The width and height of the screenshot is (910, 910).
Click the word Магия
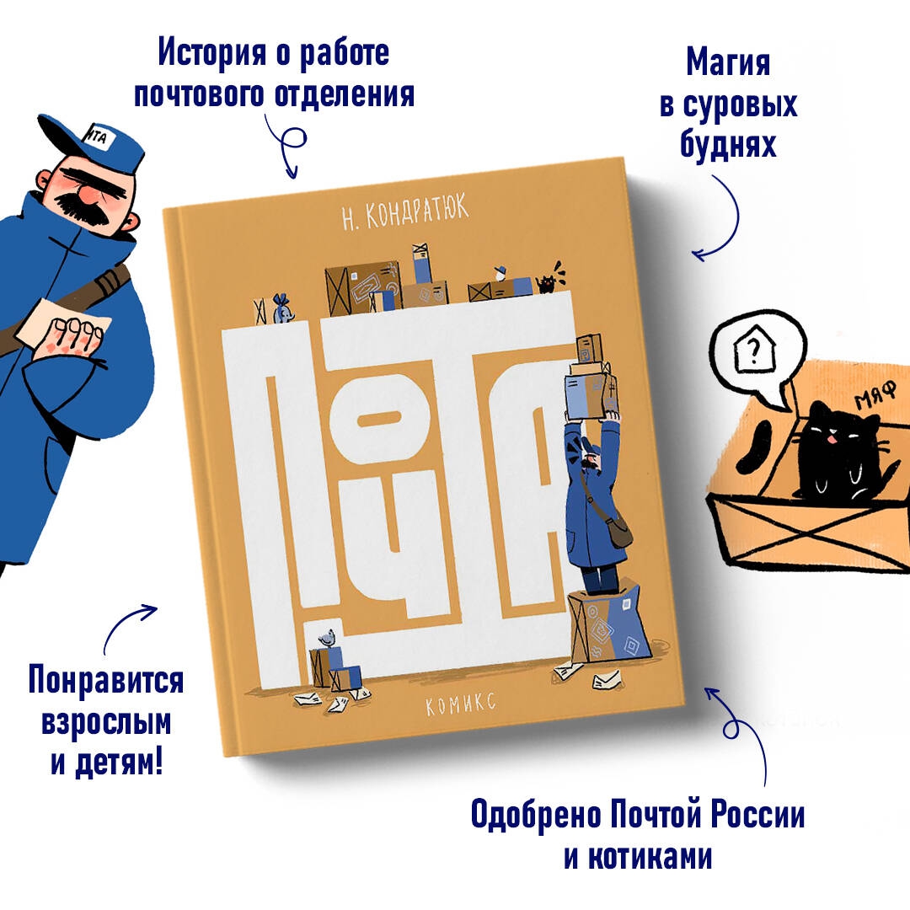click(x=728, y=62)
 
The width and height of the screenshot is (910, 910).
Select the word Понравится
click(x=105, y=680)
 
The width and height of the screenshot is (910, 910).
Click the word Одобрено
click(x=536, y=814)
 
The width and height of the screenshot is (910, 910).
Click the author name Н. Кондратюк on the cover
click(x=405, y=212)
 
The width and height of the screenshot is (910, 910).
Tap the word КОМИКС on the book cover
click(x=461, y=704)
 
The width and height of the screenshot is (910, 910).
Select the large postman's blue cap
click(x=93, y=141)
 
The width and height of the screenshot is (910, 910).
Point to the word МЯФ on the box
click(x=876, y=394)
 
